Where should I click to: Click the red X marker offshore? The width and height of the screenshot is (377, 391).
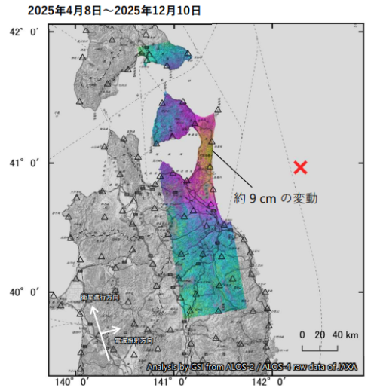(300, 167)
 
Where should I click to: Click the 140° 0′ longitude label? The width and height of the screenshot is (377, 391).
(75, 383)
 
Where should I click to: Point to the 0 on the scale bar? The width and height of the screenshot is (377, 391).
(302, 334)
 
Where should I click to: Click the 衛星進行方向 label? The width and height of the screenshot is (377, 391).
(100, 298)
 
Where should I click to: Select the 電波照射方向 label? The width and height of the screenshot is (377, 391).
(133, 341)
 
